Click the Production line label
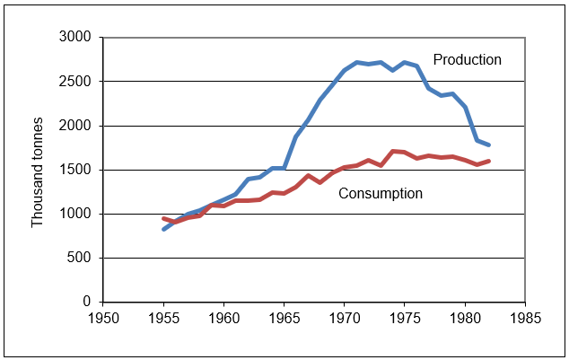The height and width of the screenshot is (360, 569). click(467, 60)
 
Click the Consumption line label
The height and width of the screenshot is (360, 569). click(381, 193)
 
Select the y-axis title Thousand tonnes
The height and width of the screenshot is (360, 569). click(38, 170)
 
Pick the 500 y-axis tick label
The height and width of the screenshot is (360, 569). click(83, 258)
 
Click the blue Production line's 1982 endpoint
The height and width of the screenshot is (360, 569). click(489, 145)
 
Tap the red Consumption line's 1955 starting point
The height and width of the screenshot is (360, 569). click(163, 218)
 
